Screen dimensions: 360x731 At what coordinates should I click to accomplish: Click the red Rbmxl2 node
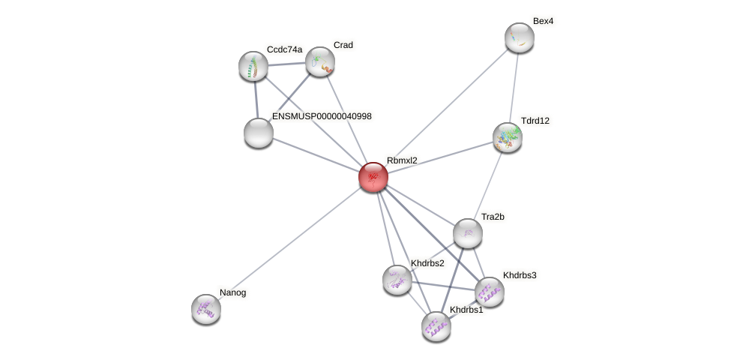pos(373,177)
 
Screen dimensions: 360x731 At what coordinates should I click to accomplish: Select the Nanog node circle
pos(206,308)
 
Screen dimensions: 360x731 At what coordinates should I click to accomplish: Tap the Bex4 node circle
pos(519,37)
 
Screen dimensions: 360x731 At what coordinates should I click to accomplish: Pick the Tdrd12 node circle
pos(508,137)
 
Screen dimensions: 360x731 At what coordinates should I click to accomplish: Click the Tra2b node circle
pos(468,233)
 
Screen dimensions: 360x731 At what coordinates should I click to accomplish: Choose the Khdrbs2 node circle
pos(397,280)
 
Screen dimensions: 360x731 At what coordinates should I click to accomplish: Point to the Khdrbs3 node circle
pos(490,292)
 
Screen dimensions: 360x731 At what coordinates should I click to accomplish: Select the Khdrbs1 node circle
pos(436,326)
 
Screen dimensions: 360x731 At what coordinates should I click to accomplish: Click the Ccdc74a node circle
pos(253,66)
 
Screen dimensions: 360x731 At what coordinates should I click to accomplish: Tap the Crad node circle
pos(320,61)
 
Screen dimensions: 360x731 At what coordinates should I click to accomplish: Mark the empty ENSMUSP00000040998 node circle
pos(259,133)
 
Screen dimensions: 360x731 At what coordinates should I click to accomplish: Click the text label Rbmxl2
pos(402,160)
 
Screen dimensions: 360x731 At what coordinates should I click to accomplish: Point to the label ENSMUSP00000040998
pos(322,116)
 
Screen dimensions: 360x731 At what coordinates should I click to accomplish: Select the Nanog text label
pos(232,292)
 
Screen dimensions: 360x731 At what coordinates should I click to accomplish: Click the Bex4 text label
pos(543,21)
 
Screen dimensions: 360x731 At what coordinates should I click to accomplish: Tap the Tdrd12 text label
pos(535,121)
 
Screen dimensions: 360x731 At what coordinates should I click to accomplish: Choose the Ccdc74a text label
pos(284,49)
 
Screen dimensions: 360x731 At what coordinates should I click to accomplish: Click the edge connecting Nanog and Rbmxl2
pos(289,243)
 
